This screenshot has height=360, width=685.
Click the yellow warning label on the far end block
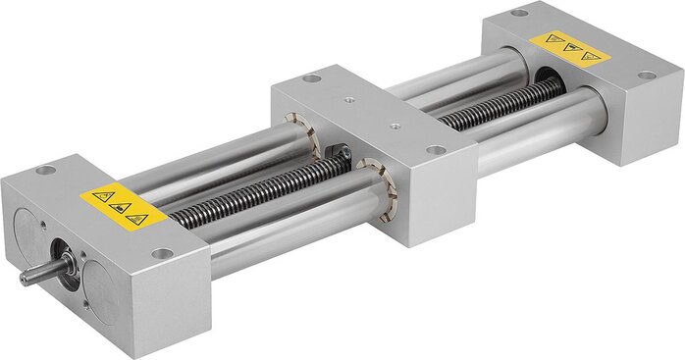click(569, 47)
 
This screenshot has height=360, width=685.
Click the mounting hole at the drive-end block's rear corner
click(44, 170)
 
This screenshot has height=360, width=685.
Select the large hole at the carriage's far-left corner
click(311, 78)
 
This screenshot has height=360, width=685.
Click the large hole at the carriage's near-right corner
click(435, 150)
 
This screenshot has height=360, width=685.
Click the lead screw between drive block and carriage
click(245, 190)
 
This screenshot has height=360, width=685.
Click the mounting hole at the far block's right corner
click(646, 76)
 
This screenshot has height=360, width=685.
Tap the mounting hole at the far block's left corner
click(518, 13)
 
